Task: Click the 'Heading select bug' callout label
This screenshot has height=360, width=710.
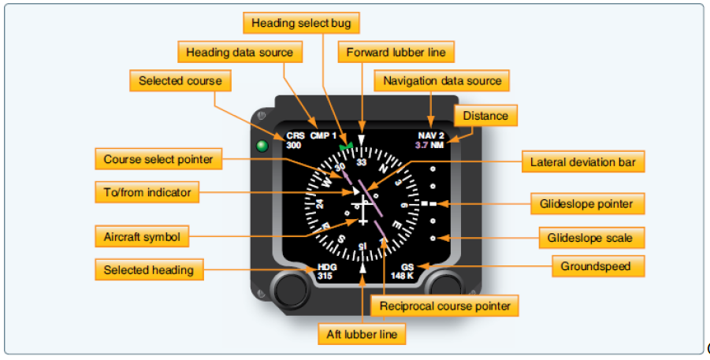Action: coord(302,24)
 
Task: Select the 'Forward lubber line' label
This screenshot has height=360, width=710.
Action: coord(396,53)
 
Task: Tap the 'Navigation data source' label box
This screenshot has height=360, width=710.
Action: coord(441,81)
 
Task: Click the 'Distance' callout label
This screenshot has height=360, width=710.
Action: coord(485,117)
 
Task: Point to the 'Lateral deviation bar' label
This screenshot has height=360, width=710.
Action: coord(582,163)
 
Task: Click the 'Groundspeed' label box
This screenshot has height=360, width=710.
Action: coord(596,267)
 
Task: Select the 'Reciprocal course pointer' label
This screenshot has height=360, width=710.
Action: coord(445,306)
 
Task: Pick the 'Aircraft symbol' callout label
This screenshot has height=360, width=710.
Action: coord(142,236)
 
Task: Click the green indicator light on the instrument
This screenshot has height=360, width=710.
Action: coord(262,146)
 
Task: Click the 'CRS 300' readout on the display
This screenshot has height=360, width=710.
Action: coord(294,140)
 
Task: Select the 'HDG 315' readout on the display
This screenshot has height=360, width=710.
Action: coord(325,272)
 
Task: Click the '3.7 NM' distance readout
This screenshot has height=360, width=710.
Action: coord(429,145)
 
